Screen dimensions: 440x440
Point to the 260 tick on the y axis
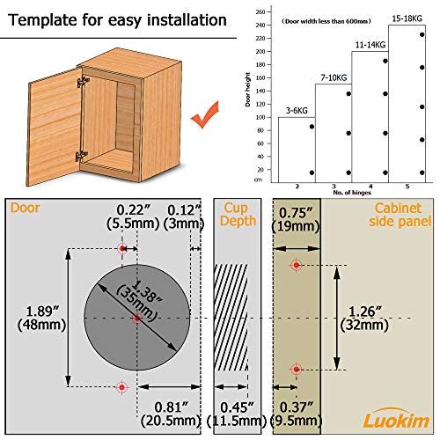[x=259, y=11]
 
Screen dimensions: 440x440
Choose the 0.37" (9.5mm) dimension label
[x=297, y=414]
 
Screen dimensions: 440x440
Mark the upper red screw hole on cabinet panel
[x=297, y=265]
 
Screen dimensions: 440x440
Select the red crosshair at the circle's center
[x=136, y=318]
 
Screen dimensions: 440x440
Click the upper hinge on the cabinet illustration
[x=83, y=81]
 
